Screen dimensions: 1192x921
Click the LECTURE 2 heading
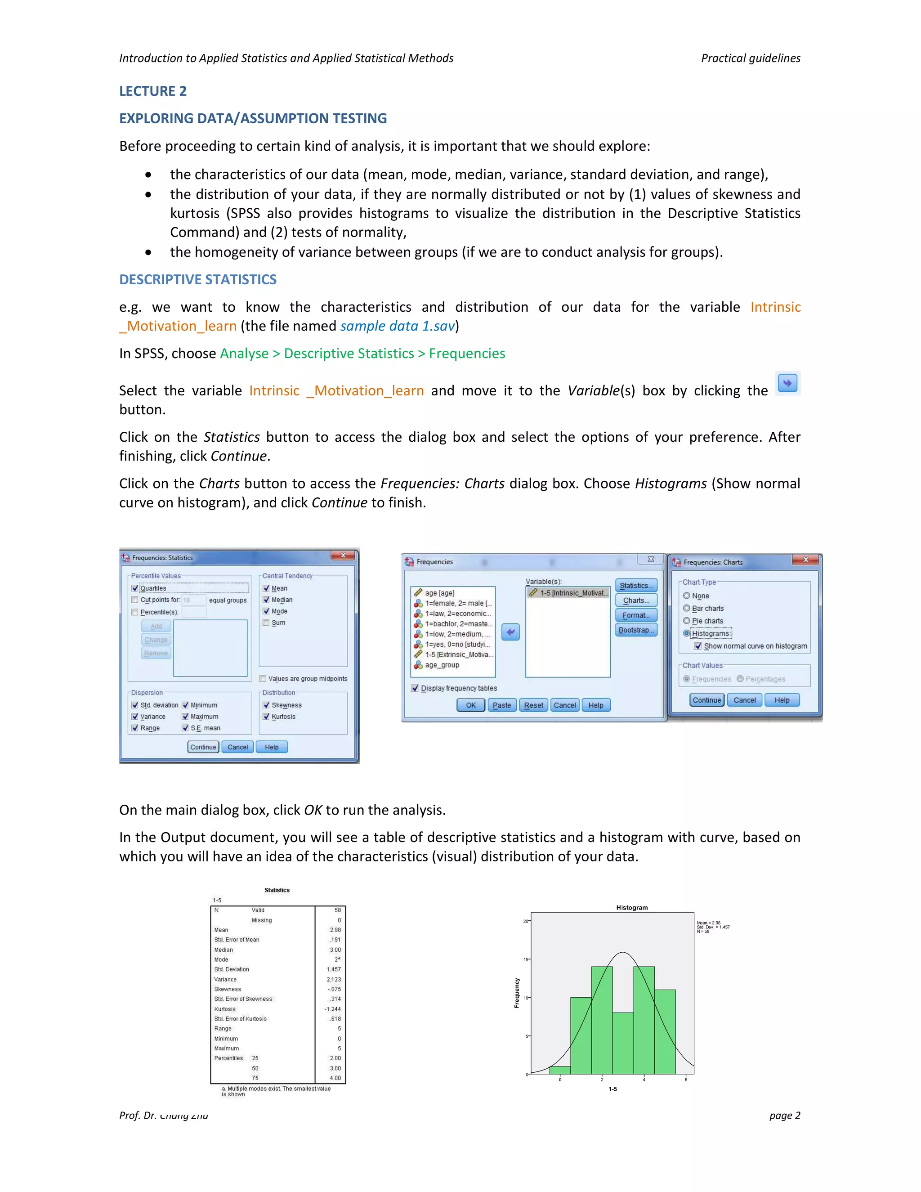tap(153, 91)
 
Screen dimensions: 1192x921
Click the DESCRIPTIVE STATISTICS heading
tap(197, 279)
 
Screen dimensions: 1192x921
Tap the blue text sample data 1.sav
tap(397, 326)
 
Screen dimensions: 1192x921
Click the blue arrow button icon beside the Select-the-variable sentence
tap(787, 383)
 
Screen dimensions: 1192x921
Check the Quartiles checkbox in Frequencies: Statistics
tap(135, 588)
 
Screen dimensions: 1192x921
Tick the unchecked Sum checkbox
tap(266, 623)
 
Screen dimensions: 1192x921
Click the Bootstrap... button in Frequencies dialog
tap(635, 630)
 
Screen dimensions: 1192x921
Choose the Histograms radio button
tap(686, 633)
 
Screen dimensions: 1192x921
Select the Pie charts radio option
tap(686, 621)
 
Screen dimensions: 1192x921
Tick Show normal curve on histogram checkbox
tap(698, 645)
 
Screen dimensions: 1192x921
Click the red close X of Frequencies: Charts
tap(805, 560)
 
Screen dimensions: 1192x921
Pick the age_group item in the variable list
tap(442, 665)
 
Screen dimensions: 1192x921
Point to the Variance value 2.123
tap(333, 980)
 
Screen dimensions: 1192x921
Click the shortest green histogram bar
tap(560, 1070)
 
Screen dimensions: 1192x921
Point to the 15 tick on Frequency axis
tap(526, 959)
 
